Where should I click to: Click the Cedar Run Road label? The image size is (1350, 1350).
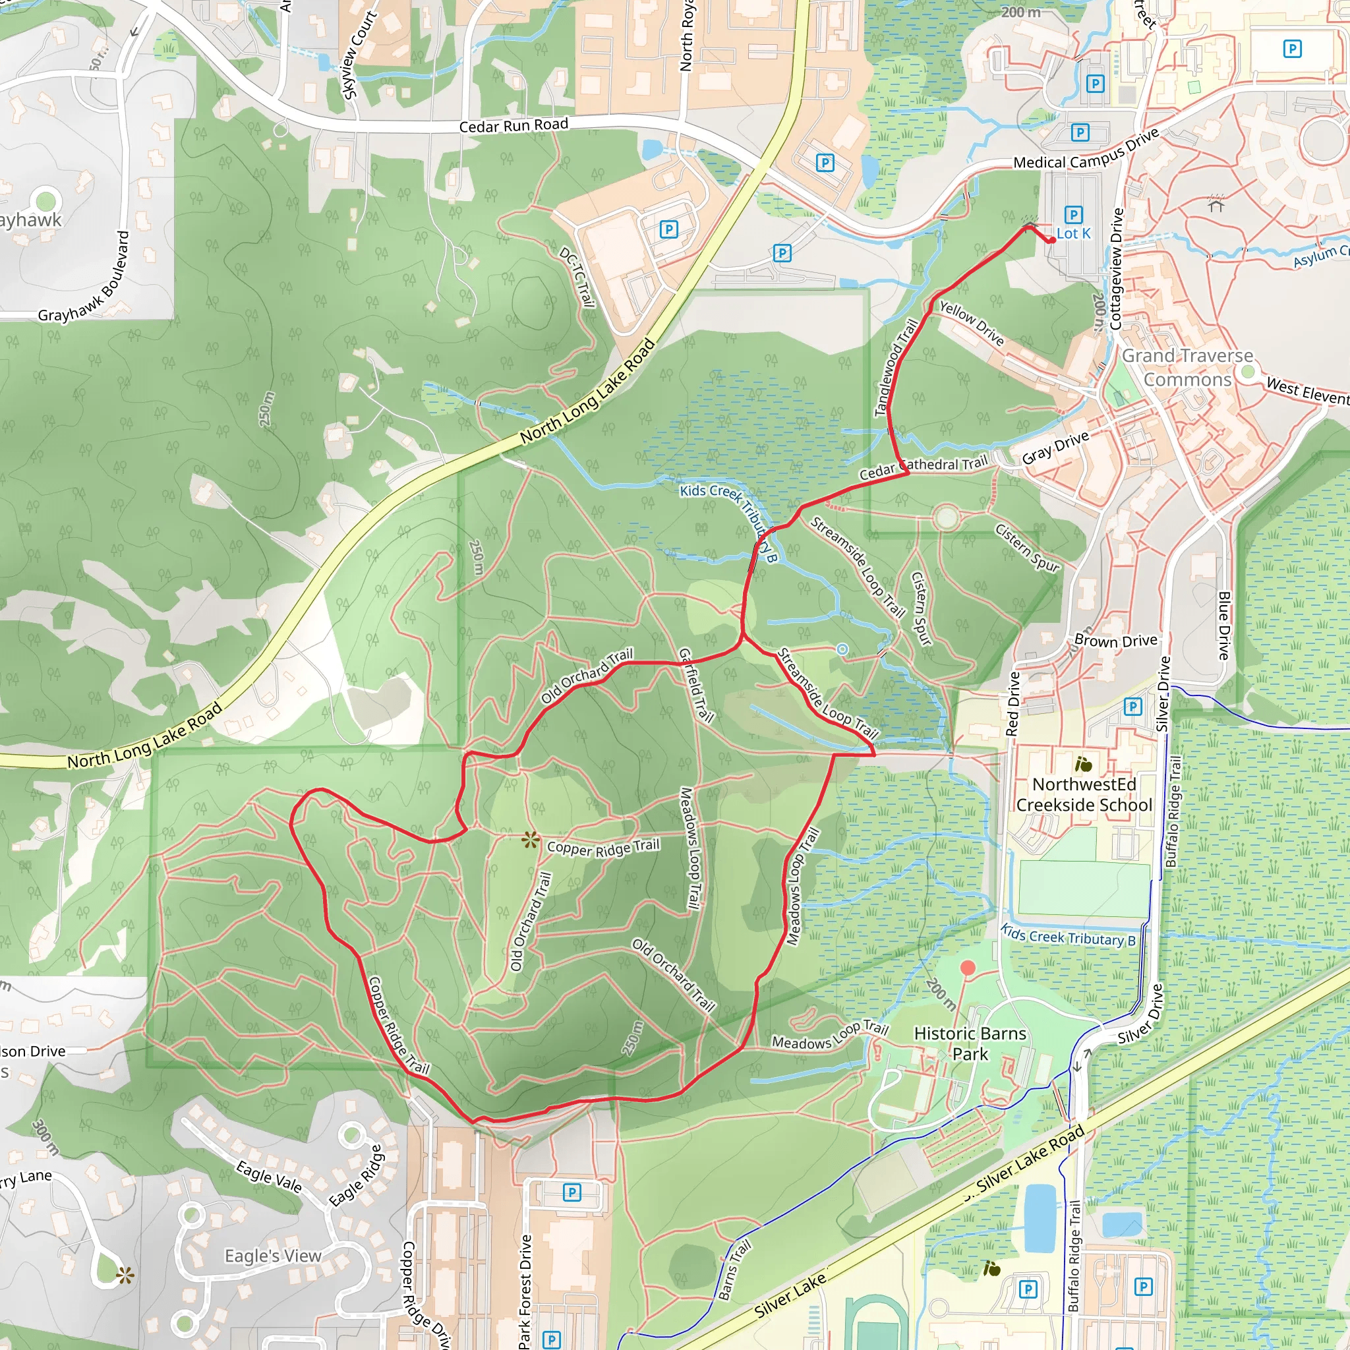[x=514, y=126]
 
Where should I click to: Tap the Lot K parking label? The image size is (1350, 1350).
[x=1073, y=233]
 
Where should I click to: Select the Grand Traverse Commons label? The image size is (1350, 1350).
[x=1187, y=368]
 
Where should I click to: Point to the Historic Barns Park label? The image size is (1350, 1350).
[x=970, y=1043]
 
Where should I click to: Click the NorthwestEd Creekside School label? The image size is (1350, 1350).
[x=1084, y=794]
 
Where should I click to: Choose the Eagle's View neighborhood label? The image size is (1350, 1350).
[x=273, y=1256]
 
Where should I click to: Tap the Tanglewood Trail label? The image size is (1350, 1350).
[x=896, y=368]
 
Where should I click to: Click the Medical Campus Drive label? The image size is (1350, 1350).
[x=1086, y=150]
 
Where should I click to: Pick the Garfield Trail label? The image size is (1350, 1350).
[x=696, y=685]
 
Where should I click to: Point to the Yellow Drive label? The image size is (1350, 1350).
[x=971, y=323]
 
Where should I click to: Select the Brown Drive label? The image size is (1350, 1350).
[x=1115, y=641]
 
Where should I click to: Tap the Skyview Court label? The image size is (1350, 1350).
[x=359, y=55]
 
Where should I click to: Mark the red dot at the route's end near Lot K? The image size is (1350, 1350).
[x=1051, y=241]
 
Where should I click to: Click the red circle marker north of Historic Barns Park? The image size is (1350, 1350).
[x=968, y=968]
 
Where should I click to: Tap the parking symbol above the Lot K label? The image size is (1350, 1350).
[x=1073, y=214]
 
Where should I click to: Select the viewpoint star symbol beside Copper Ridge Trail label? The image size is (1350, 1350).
[x=531, y=840]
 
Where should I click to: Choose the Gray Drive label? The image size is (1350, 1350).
[x=1055, y=447]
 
